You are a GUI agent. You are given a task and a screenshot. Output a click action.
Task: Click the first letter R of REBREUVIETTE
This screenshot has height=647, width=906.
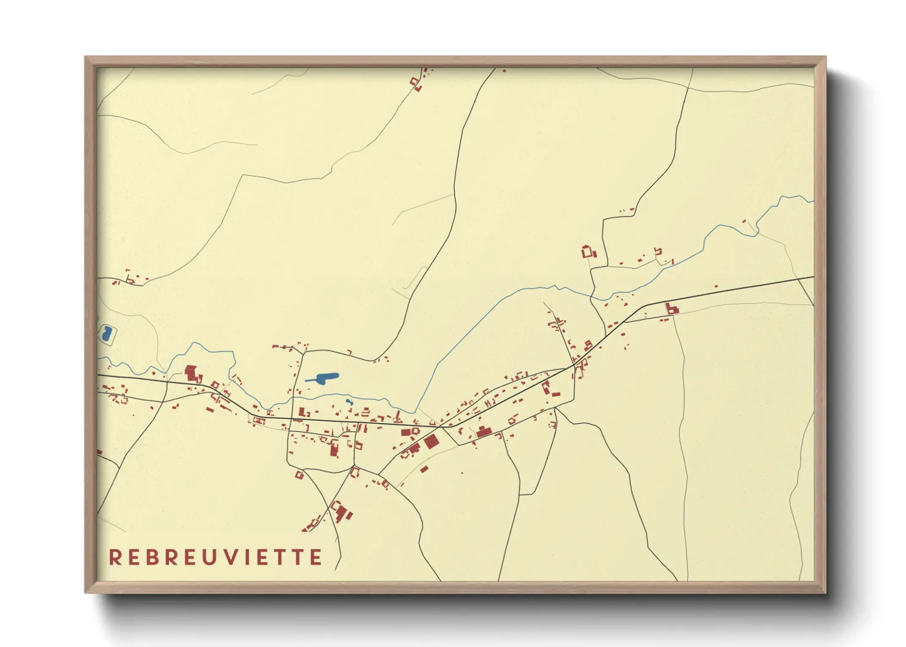(x=114, y=558)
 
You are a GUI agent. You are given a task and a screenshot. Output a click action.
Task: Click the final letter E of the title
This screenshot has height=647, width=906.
(x=316, y=558)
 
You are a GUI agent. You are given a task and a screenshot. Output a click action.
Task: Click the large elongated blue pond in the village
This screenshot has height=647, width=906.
(x=323, y=378)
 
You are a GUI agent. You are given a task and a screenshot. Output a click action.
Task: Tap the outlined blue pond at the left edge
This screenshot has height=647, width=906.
(x=107, y=334)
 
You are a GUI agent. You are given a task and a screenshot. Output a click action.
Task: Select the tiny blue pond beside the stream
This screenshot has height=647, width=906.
(x=348, y=402)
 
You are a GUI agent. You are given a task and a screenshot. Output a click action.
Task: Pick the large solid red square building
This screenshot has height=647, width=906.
(x=431, y=442)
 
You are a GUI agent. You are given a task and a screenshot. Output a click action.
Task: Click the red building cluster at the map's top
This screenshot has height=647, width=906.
(x=416, y=82)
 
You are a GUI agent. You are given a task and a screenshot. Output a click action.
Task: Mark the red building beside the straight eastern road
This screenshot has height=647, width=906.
(x=672, y=309)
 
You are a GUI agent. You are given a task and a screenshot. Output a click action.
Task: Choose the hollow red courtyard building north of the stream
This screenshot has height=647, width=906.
(x=588, y=251)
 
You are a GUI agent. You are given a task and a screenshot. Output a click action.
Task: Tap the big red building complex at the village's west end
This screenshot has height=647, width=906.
(x=192, y=372)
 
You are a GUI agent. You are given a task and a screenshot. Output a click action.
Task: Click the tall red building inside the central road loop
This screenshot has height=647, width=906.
(x=334, y=449)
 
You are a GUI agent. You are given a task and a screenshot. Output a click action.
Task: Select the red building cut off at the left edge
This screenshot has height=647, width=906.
(x=99, y=452)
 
